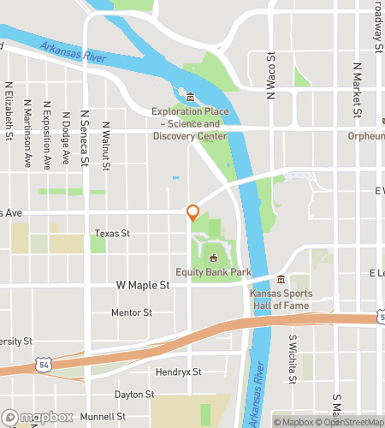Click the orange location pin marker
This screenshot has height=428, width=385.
click(x=193, y=213)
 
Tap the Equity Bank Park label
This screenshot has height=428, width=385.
click(x=213, y=272)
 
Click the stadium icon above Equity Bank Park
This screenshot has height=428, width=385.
click(x=213, y=258)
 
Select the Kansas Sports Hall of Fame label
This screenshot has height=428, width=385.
click(x=281, y=299)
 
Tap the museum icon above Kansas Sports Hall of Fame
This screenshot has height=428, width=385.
click(x=281, y=278)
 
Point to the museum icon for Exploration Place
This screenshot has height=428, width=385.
click(x=191, y=96)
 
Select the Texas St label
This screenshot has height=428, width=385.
click(x=112, y=233)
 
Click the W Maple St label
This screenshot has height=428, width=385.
click(x=143, y=285)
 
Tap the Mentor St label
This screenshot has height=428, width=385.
click(x=131, y=313)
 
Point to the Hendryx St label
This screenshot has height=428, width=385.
click(x=178, y=372)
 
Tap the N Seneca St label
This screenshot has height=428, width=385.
click(x=84, y=137)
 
